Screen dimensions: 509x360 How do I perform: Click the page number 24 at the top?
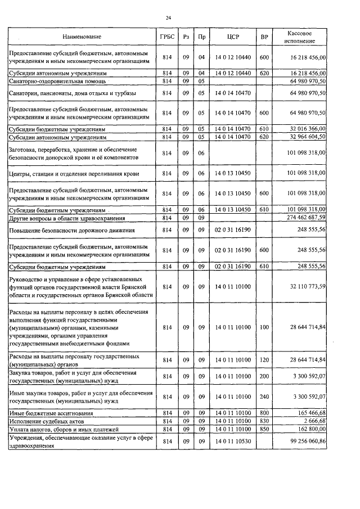168,17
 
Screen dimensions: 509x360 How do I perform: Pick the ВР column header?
264,37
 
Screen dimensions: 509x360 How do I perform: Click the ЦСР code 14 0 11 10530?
233,442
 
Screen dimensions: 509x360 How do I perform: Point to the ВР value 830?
264,421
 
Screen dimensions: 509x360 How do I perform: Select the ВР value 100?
264,327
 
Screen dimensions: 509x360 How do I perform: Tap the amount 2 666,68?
313,421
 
